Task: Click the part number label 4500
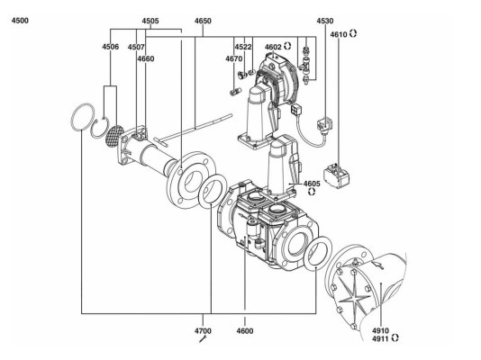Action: (x=20, y=21)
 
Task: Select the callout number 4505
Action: (x=150, y=21)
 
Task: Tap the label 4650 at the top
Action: (x=203, y=21)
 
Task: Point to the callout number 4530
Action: (x=325, y=21)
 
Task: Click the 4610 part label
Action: (x=339, y=34)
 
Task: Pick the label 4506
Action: (x=111, y=47)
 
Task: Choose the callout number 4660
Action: (x=146, y=58)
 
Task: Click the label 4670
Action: (x=234, y=58)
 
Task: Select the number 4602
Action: (x=273, y=47)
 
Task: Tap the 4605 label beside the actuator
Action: (x=312, y=184)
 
